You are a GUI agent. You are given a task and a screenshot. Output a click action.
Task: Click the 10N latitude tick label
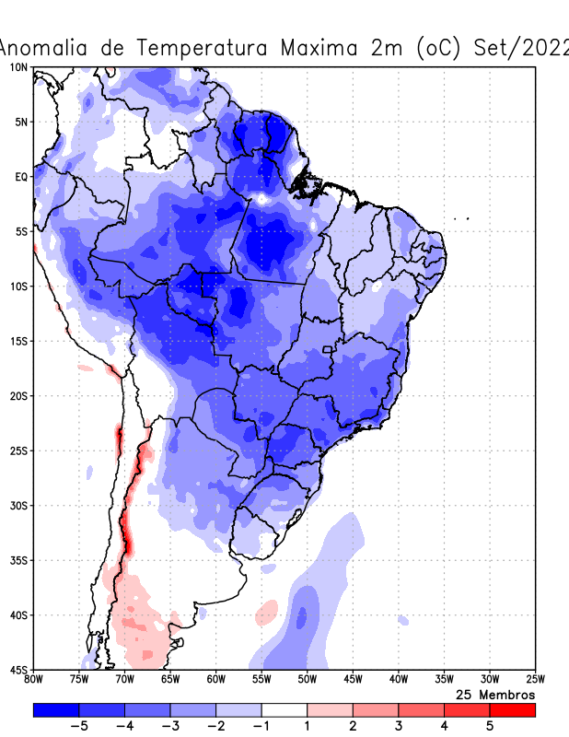pos(17,67)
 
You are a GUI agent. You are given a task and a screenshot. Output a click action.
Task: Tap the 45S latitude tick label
pos(17,670)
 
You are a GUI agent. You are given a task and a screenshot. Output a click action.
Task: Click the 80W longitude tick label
pos(33,680)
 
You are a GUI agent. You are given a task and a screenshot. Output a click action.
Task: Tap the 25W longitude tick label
pos(534,680)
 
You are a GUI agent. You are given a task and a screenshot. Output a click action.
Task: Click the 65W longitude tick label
pos(170,680)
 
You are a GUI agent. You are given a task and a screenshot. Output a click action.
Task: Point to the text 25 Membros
pos(495,694)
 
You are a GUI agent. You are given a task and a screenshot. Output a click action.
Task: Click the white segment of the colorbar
pos(284,709)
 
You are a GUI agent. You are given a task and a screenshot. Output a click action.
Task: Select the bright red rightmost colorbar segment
pos(512,709)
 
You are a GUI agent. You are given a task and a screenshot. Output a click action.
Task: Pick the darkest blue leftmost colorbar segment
pos(55,709)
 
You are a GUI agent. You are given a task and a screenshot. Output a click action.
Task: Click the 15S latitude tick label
pos(17,341)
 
